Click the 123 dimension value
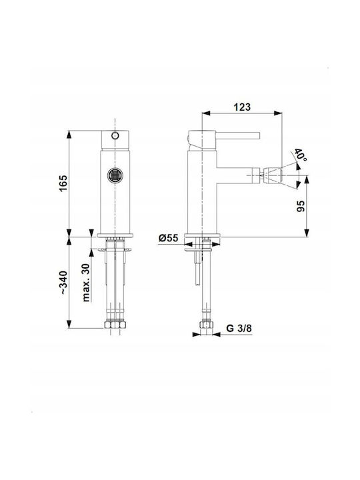point(242,107)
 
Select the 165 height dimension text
point(63,183)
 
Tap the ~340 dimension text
point(63,282)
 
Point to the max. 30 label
point(86,283)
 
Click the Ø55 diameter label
point(169,238)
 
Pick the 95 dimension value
point(301,206)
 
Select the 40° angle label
point(300,155)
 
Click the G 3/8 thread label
point(239,328)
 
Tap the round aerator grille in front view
point(115,176)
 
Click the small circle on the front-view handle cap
point(115,135)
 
